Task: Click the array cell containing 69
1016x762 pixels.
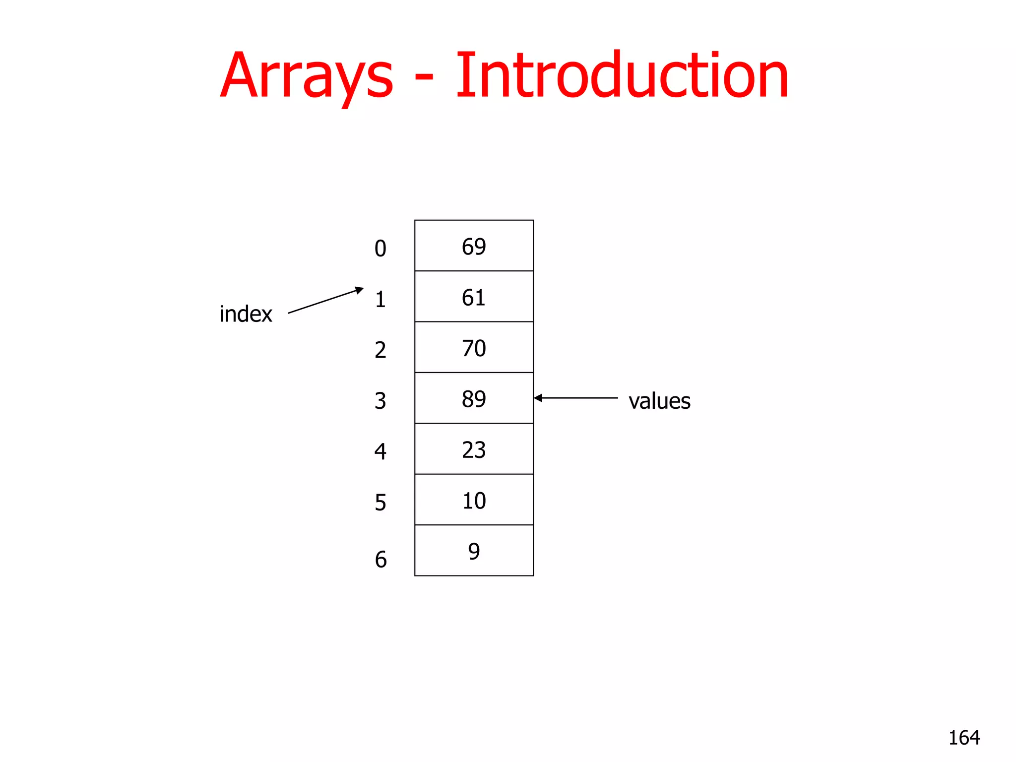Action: point(474,246)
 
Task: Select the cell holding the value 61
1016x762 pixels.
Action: point(474,297)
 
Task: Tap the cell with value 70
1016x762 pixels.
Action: point(474,347)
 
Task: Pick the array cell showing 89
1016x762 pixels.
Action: point(474,398)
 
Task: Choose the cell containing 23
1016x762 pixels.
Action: point(474,449)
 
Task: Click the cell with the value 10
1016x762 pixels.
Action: point(474,500)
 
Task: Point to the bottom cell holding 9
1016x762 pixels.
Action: point(474,551)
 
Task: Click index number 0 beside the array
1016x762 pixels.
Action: point(380,249)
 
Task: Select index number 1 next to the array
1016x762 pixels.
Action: point(380,299)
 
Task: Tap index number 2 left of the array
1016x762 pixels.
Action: point(380,350)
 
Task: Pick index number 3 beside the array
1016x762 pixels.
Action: point(380,401)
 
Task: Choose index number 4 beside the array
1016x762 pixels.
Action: point(380,451)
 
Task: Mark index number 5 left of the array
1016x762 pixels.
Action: point(380,503)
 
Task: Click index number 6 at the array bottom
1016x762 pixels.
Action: point(381,560)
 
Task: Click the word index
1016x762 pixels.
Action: point(246,314)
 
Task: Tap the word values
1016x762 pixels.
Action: point(659,401)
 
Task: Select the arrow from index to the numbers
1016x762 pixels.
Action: point(325,301)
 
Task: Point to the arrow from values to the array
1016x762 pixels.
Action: point(576,398)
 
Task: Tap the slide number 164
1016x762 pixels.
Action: point(964,738)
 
